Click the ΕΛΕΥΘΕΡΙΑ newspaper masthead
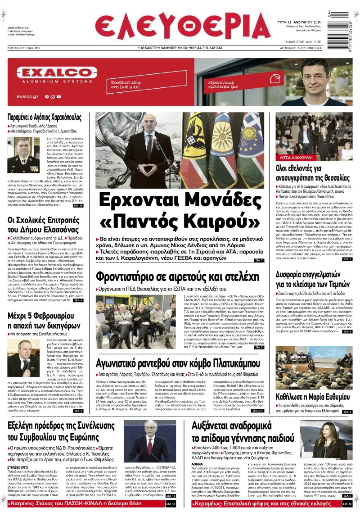click(x=182, y=27)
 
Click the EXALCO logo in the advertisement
click(x=45, y=73)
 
